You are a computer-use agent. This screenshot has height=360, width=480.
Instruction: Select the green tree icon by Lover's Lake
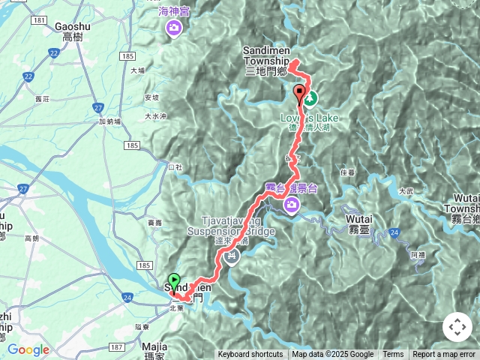click(310, 97)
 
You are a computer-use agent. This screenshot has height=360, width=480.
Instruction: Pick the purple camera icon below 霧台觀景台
click(291, 205)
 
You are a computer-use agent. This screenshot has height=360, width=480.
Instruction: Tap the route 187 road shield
click(116, 346)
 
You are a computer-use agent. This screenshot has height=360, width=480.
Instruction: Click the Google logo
click(28, 349)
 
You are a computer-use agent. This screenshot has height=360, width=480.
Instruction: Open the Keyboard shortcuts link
click(250, 355)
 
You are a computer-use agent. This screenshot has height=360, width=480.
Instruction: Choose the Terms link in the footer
click(393, 355)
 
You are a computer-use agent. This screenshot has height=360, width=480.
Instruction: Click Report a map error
click(445, 355)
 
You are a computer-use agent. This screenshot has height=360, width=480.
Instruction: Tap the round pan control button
click(457, 327)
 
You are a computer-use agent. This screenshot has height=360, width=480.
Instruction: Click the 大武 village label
click(406, 190)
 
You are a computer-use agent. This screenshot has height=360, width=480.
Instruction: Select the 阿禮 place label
click(417, 255)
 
